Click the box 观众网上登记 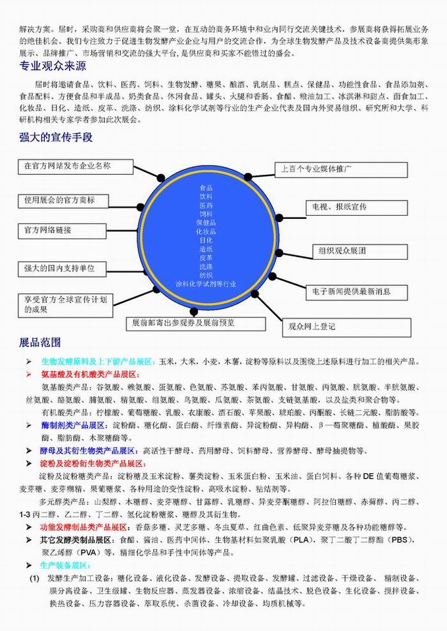[346, 326]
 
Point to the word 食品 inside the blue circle [206, 187]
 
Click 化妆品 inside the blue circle [206, 231]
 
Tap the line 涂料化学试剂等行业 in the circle [206, 284]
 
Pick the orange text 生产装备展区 [66, 565]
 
